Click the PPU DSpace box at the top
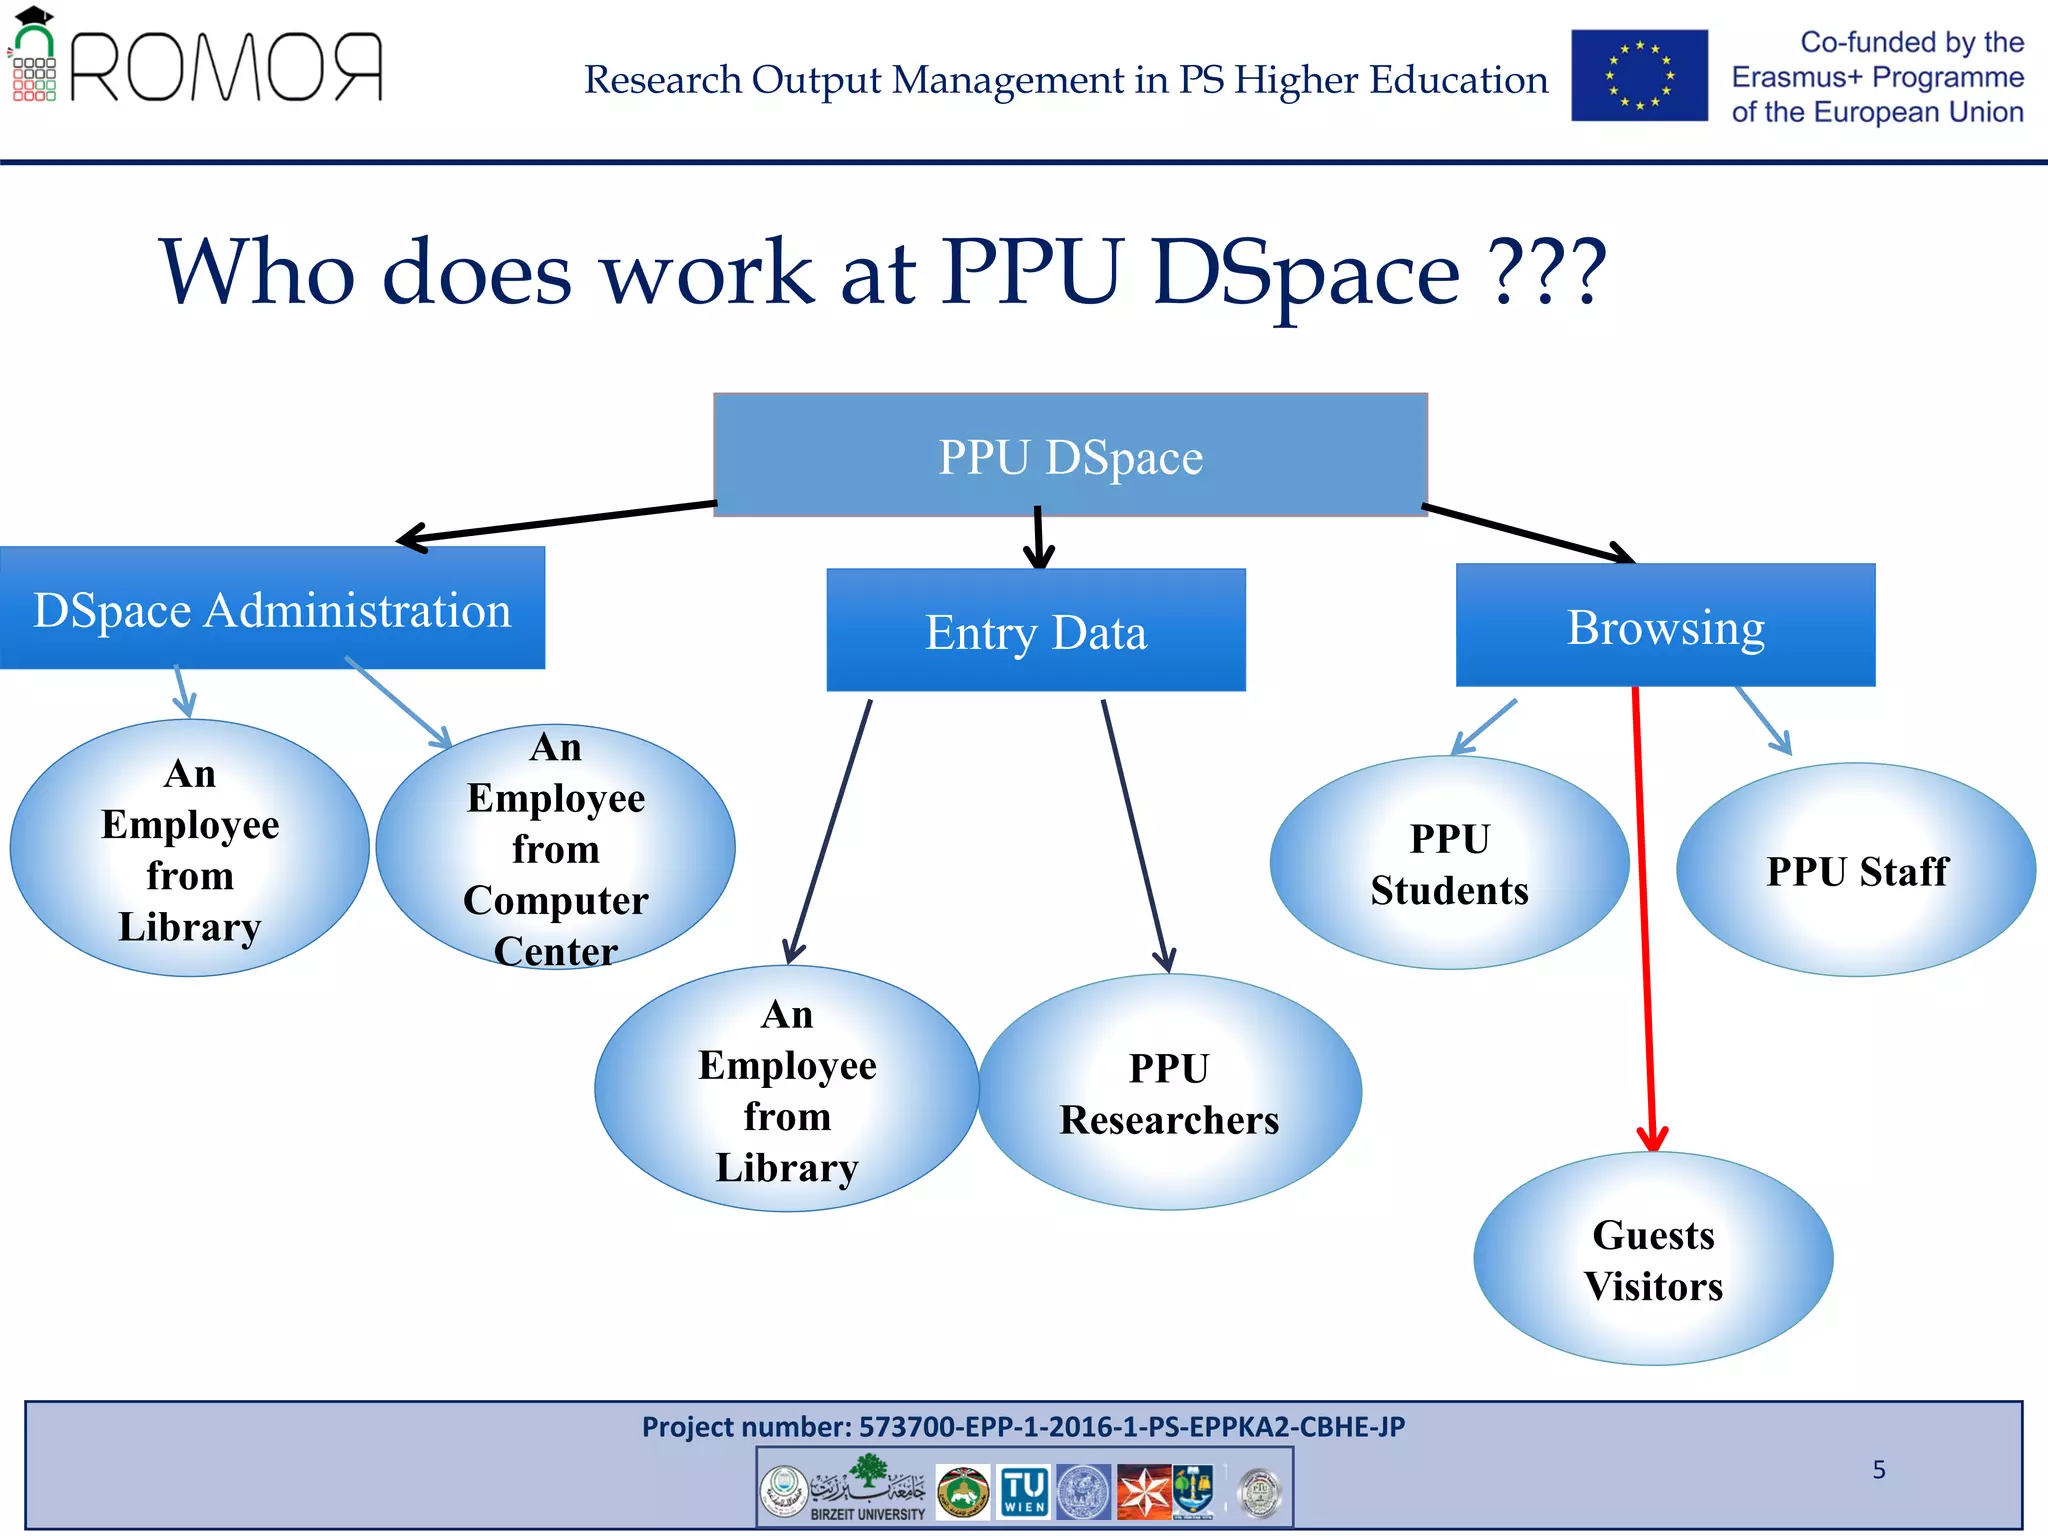[1070, 456]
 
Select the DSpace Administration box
[272, 609]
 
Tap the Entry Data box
[1036, 631]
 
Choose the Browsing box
[1665, 626]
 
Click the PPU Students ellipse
[1449, 863]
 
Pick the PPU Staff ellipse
[1856, 870]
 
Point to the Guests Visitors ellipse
[1653, 1259]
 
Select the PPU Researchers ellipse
[1169, 1093]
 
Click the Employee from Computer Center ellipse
[556, 848]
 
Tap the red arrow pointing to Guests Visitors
[1643, 920]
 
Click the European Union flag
[1639, 76]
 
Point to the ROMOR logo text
[226, 67]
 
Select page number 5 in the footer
[1879, 1469]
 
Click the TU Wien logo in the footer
[1025, 1492]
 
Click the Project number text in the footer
[1023, 1426]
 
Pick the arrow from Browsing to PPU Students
[1484, 727]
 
